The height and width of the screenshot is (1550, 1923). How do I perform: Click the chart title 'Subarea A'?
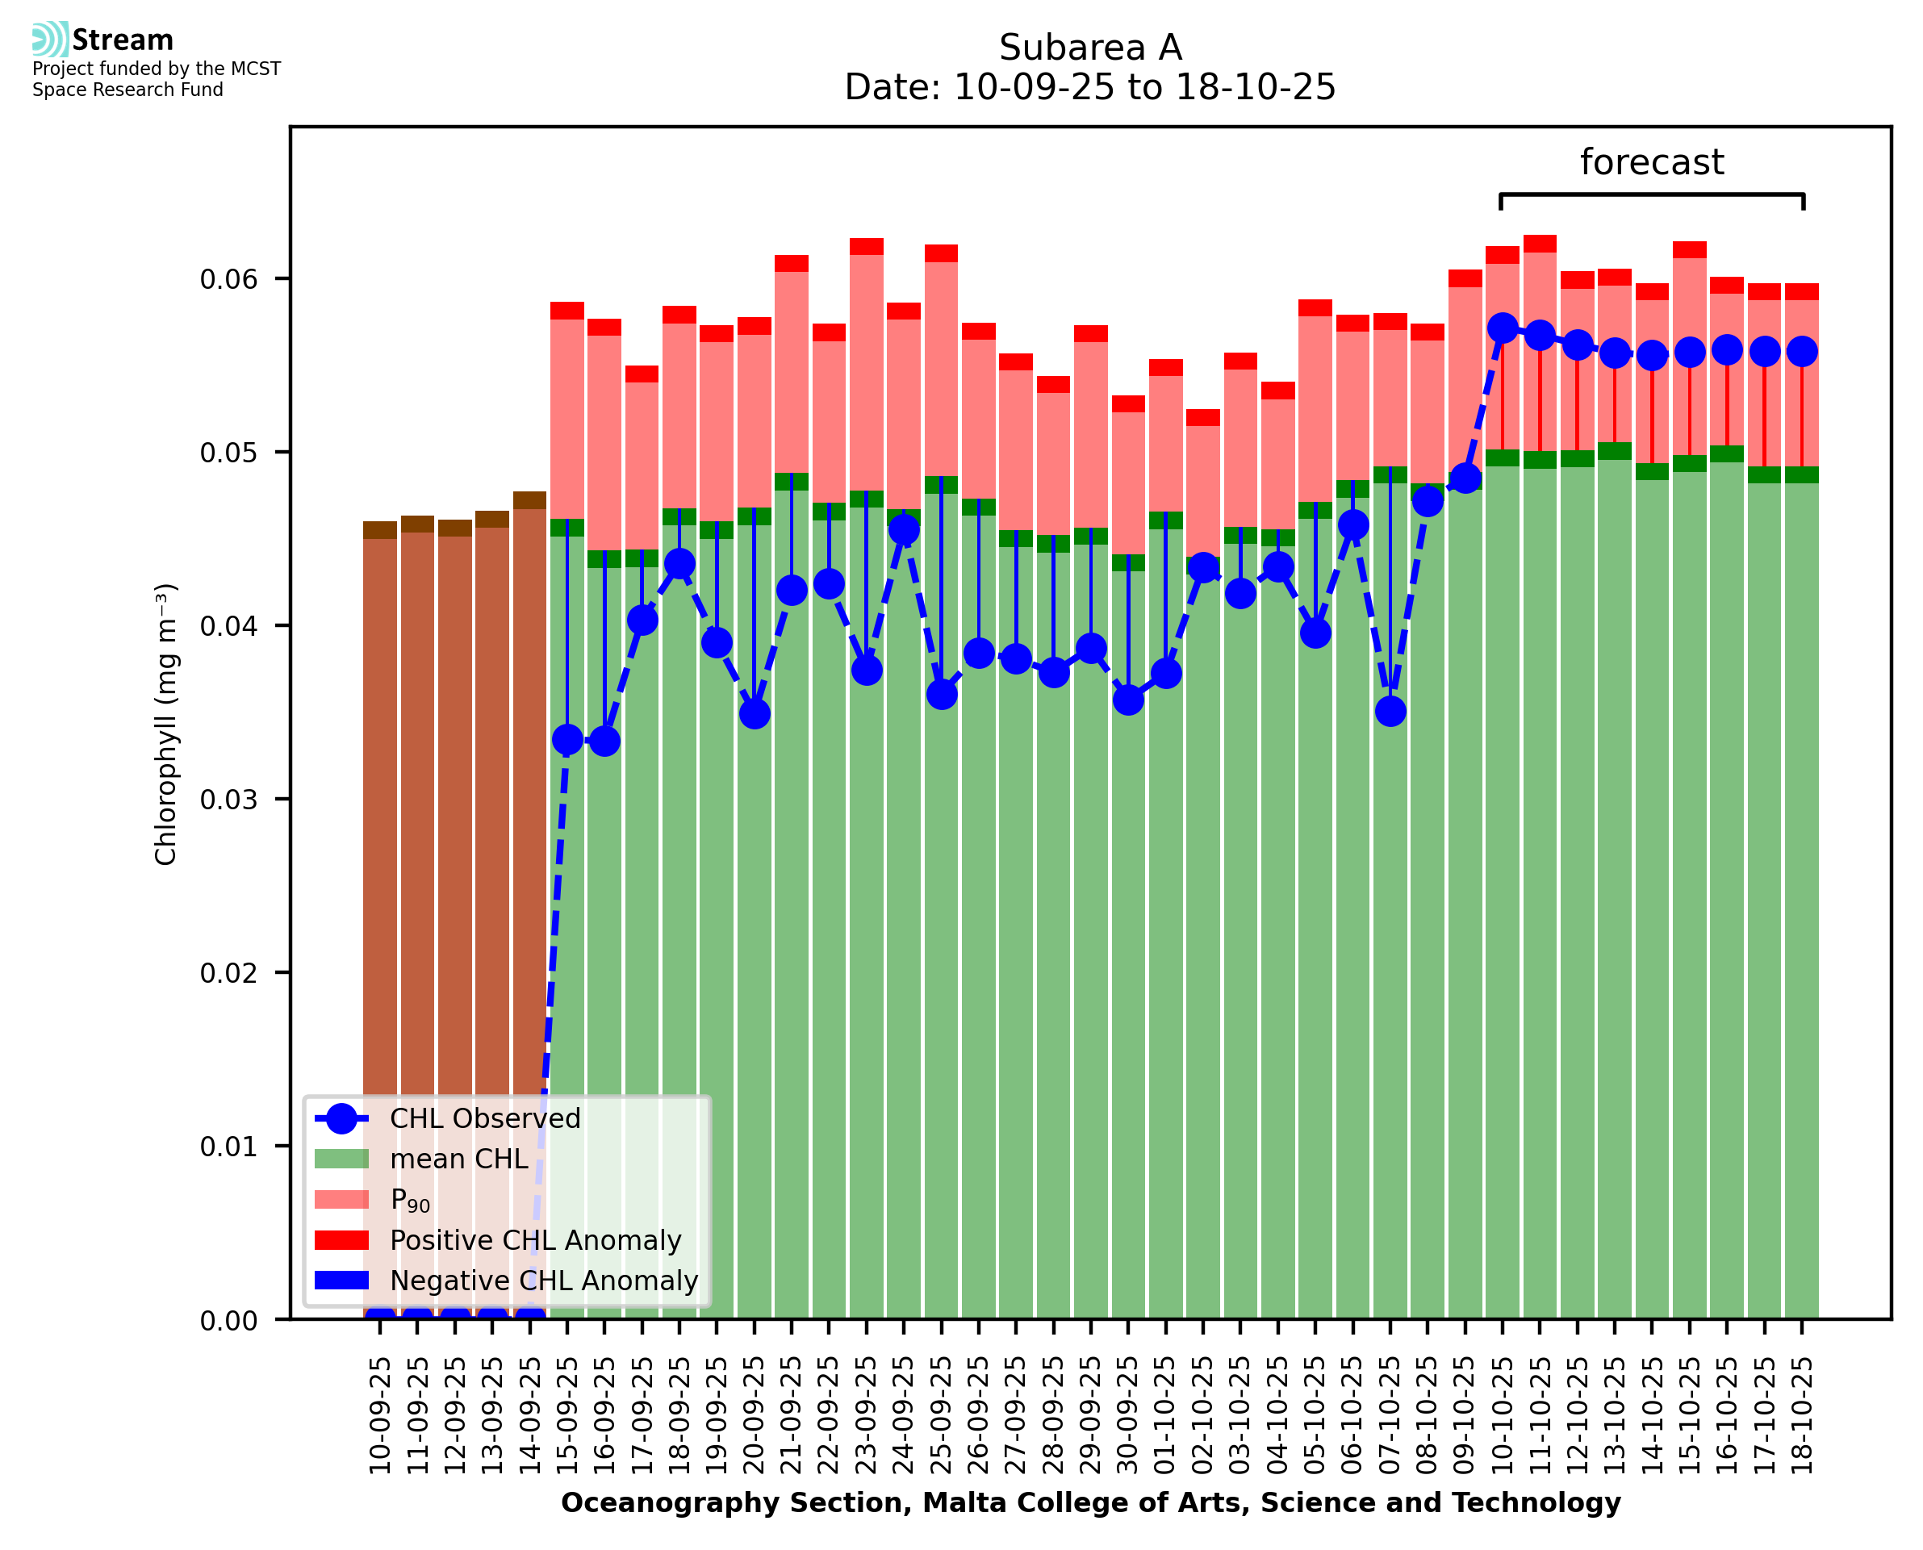(x=1090, y=48)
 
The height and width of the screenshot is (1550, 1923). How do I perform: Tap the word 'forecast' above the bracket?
(x=1652, y=162)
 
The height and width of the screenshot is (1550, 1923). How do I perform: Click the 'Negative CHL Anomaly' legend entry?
(x=544, y=1281)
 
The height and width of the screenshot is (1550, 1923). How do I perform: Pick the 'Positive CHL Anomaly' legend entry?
(x=536, y=1240)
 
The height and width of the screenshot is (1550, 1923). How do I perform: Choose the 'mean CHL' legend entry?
(x=459, y=1159)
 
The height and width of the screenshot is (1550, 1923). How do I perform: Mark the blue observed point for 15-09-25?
(x=568, y=739)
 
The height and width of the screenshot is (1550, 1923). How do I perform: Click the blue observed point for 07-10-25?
(x=1390, y=712)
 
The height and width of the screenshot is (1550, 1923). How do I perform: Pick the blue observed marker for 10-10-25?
(x=1503, y=328)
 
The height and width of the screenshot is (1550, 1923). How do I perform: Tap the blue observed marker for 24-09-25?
(x=904, y=530)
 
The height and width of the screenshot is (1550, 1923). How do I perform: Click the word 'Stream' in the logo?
(x=123, y=40)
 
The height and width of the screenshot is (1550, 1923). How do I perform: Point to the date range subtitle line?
(x=1090, y=87)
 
